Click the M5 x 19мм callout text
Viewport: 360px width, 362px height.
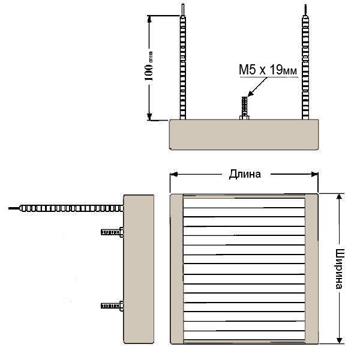(268, 70)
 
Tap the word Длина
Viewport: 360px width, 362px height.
(245, 174)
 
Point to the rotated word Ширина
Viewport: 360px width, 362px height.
(339, 269)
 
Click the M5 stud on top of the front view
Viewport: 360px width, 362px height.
(244, 108)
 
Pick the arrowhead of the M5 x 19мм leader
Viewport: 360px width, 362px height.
(250, 94)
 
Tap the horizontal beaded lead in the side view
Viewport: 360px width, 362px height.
(71, 208)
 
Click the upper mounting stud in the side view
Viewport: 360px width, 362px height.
(112, 232)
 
